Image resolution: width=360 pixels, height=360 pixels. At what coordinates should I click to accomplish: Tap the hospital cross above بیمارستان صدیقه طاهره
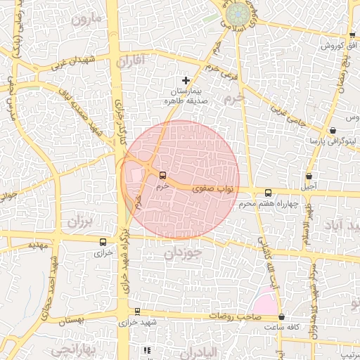click(x=186, y=81)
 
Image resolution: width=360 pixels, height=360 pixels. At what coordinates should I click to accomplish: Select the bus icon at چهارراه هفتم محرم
click(x=267, y=193)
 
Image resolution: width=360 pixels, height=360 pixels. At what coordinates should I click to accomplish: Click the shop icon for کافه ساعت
click(x=281, y=317)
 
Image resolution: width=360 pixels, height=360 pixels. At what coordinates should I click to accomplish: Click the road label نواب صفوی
click(x=209, y=188)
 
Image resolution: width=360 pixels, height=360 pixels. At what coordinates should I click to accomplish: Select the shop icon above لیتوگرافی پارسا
click(x=332, y=131)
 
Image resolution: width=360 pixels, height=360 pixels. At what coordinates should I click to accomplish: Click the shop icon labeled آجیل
click(x=309, y=176)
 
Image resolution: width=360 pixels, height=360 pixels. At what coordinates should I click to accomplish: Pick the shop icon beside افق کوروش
click(x=352, y=36)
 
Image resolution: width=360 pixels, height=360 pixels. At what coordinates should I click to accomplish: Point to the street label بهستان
click(x=75, y=321)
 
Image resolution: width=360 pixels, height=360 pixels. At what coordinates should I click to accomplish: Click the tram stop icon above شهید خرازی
click(x=137, y=311)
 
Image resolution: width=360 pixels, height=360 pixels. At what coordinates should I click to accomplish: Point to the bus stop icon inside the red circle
click(x=163, y=175)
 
